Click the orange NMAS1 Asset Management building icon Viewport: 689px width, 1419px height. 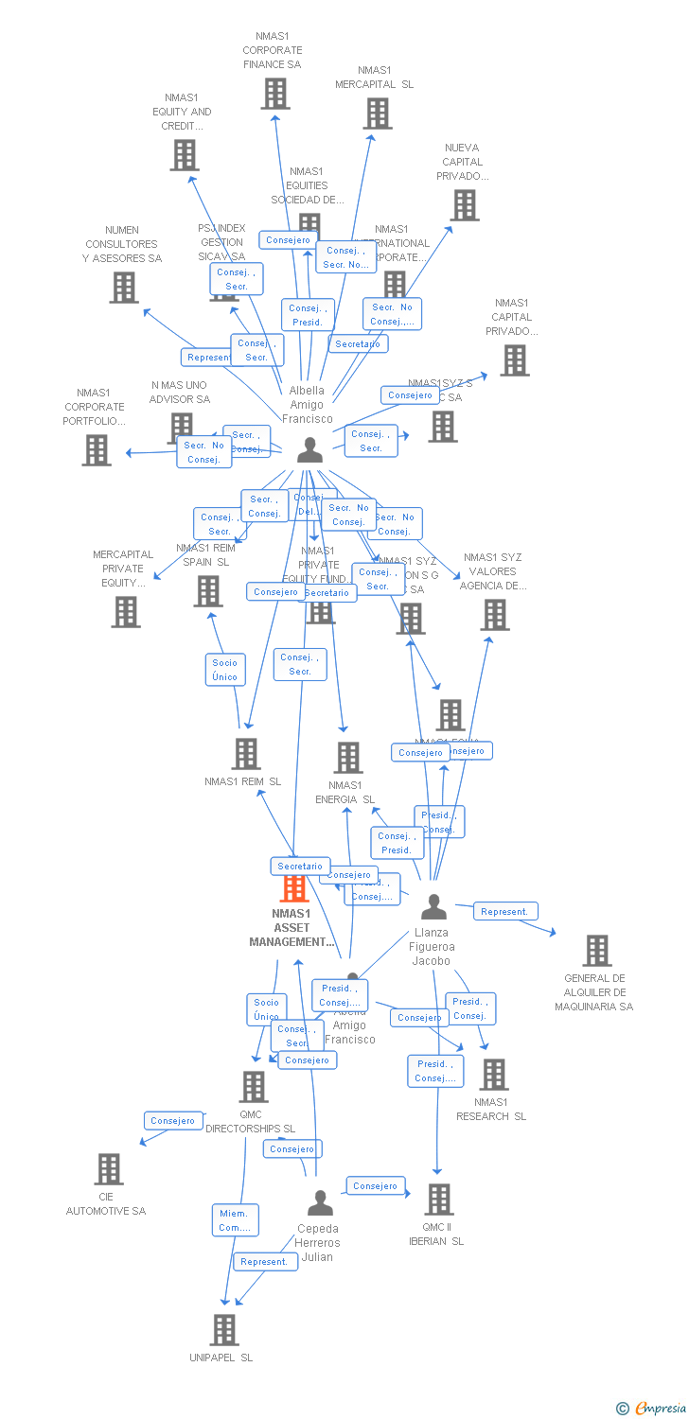pyautogui.click(x=295, y=887)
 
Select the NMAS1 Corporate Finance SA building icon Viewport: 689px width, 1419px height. pyautogui.click(x=275, y=94)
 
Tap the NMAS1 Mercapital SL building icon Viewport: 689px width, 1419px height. pyautogui.click(x=377, y=114)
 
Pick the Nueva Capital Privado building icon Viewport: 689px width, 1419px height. pyautogui.click(x=464, y=205)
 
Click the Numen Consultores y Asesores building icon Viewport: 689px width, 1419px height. pyautogui.click(x=124, y=288)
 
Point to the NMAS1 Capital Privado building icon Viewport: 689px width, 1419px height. pyautogui.click(x=514, y=360)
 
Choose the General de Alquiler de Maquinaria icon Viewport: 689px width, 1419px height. pyautogui.click(x=596, y=951)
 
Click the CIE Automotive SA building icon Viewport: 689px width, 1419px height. pyautogui.click(x=109, y=1169)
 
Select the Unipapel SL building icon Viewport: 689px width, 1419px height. pyautogui.click(x=223, y=1330)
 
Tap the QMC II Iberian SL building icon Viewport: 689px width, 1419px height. pyautogui.click(x=438, y=1200)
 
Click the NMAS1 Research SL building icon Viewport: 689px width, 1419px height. pyautogui.click(x=493, y=1075)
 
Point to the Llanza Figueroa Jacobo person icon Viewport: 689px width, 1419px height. pyautogui.click(x=433, y=907)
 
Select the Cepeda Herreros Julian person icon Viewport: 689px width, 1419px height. pyautogui.click(x=321, y=1202)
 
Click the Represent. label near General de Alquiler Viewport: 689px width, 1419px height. pyautogui.click(x=504, y=912)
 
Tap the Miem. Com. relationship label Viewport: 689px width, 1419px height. pyautogui.click(x=234, y=1220)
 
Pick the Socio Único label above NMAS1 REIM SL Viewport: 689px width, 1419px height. pyautogui.click(x=225, y=670)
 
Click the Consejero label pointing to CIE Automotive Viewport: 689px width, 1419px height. pyautogui.click(x=173, y=1121)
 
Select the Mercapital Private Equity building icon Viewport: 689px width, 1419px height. pyautogui.click(x=125, y=612)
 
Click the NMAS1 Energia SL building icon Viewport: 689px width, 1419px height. pyautogui.click(x=348, y=757)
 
